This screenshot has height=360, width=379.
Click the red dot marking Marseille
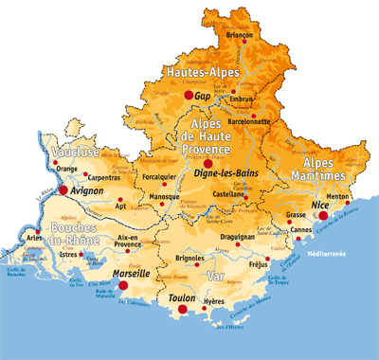click(123, 283)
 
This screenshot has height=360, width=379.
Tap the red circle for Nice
click(323, 215)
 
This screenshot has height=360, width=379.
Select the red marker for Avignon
click(63, 190)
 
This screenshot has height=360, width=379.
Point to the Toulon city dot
click(183, 309)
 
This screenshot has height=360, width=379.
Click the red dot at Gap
click(187, 96)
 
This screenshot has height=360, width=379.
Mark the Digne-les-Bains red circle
click(208, 163)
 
